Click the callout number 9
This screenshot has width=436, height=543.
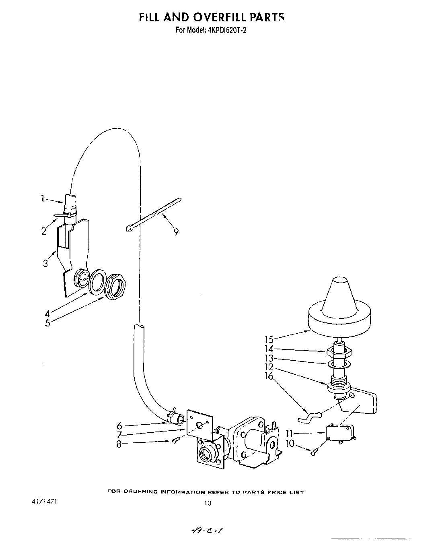tap(176, 231)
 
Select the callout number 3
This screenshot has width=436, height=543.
tap(45, 263)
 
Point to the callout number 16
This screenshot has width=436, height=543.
tap(269, 376)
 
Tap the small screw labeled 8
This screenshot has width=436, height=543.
tap(175, 441)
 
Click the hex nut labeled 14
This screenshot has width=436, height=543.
tap(340, 351)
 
